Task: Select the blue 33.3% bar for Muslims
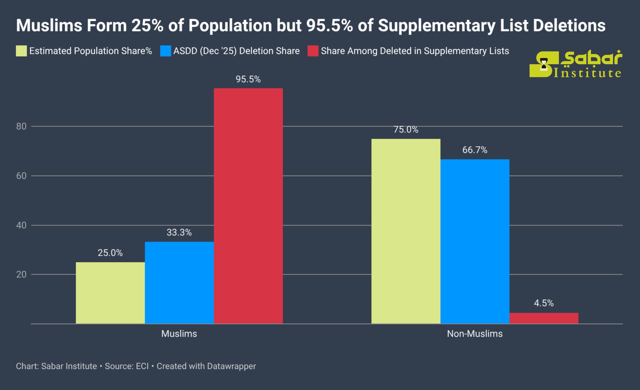179,283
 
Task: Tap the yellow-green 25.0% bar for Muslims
110,293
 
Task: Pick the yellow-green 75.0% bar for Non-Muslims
406,231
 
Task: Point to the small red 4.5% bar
544,318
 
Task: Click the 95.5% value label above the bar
248,79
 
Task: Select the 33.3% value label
179,232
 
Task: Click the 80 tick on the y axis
21,126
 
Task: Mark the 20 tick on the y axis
21,274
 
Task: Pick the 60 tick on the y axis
21,176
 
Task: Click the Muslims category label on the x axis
179,333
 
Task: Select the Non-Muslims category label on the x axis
474,333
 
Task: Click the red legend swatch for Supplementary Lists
313,51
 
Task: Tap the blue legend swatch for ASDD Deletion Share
166,51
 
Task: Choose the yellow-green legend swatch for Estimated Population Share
21,51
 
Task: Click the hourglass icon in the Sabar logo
544,64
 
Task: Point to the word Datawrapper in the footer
231,366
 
